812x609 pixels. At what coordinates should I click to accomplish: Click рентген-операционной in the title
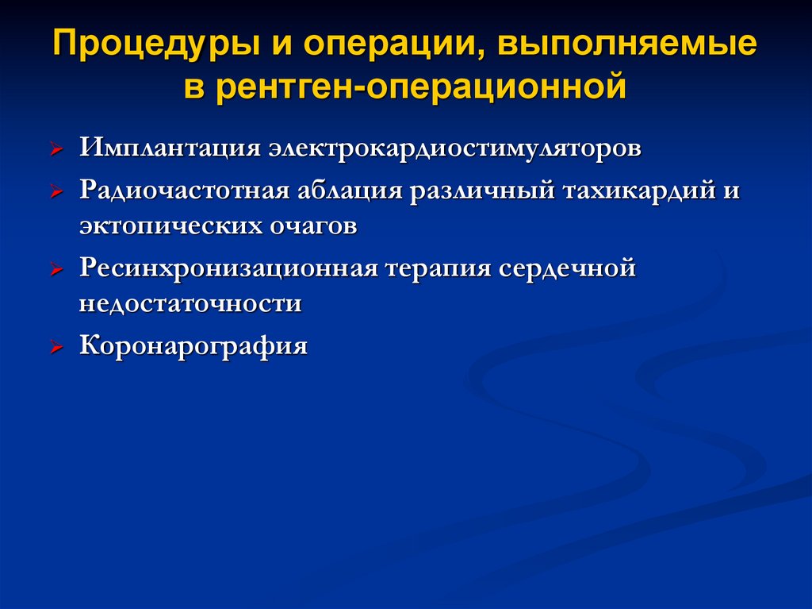point(420,86)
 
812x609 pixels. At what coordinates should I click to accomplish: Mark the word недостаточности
point(190,303)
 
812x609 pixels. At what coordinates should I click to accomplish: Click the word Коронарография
point(193,346)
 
